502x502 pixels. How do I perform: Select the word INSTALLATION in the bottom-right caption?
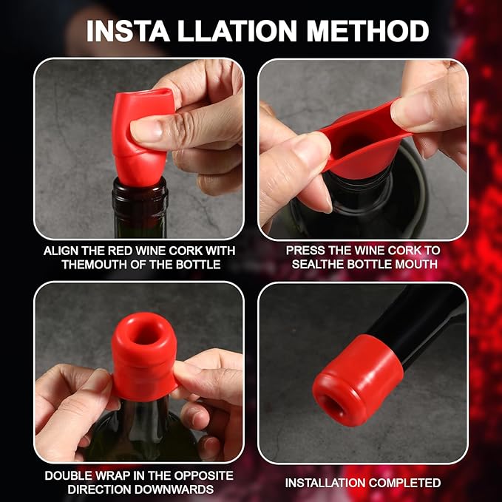[x=322, y=483]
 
